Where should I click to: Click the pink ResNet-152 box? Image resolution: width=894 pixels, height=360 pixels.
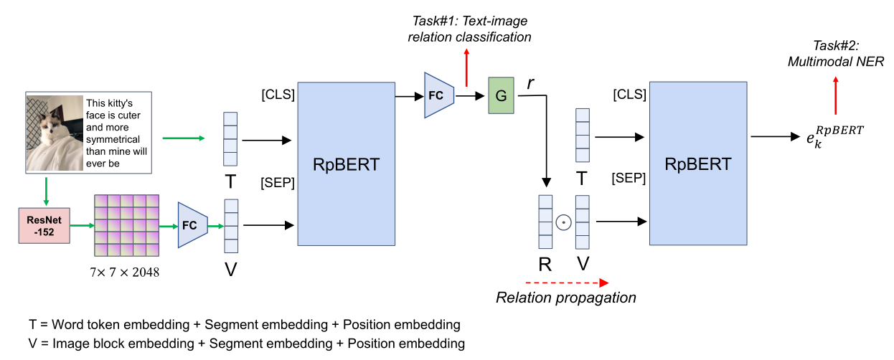click(44, 225)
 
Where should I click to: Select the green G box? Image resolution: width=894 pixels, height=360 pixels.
click(501, 95)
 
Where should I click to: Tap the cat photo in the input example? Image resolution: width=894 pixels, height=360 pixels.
click(55, 133)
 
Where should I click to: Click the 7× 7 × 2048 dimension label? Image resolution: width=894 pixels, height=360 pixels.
click(125, 273)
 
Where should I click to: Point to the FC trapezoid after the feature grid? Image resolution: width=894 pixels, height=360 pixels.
click(193, 225)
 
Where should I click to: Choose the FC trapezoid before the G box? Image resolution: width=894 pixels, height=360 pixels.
click(439, 95)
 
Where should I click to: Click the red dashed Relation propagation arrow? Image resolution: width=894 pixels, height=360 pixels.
click(567, 283)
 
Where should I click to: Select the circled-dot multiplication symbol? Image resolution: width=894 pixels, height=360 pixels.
click(563, 222)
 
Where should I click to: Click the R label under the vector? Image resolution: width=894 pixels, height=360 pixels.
click(545, 264)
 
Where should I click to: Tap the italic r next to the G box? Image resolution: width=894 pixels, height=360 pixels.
click(530, 83)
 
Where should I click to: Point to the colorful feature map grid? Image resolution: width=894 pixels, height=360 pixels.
click(126, 225)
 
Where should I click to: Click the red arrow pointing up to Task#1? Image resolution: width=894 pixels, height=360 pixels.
click(466, 67)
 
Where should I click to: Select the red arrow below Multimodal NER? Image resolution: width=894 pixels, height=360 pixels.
click(836, 96)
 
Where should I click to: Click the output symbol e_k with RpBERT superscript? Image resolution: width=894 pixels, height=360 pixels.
click(835, 137)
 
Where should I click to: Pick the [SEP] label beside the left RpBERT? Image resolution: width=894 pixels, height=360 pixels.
click(278, 182)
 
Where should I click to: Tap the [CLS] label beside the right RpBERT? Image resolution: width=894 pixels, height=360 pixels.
click(629, 94)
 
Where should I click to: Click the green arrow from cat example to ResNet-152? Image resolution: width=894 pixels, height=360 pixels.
click(47, 191)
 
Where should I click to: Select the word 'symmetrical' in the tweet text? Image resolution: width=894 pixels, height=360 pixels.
click(113, 139)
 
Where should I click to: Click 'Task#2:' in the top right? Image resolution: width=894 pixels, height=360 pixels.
click(836, 45)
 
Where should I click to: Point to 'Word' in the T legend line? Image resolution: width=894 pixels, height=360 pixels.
click(65, 324)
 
